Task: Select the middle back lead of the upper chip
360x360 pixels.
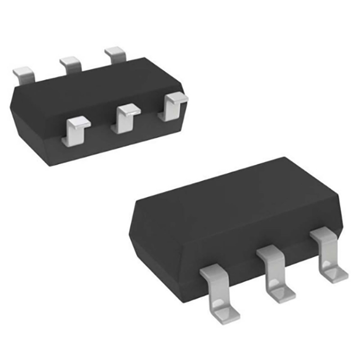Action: [x=71, y=64]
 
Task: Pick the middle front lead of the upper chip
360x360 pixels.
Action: [x=125, y=118]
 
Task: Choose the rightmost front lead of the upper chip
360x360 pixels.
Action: [x=173, y=107]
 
